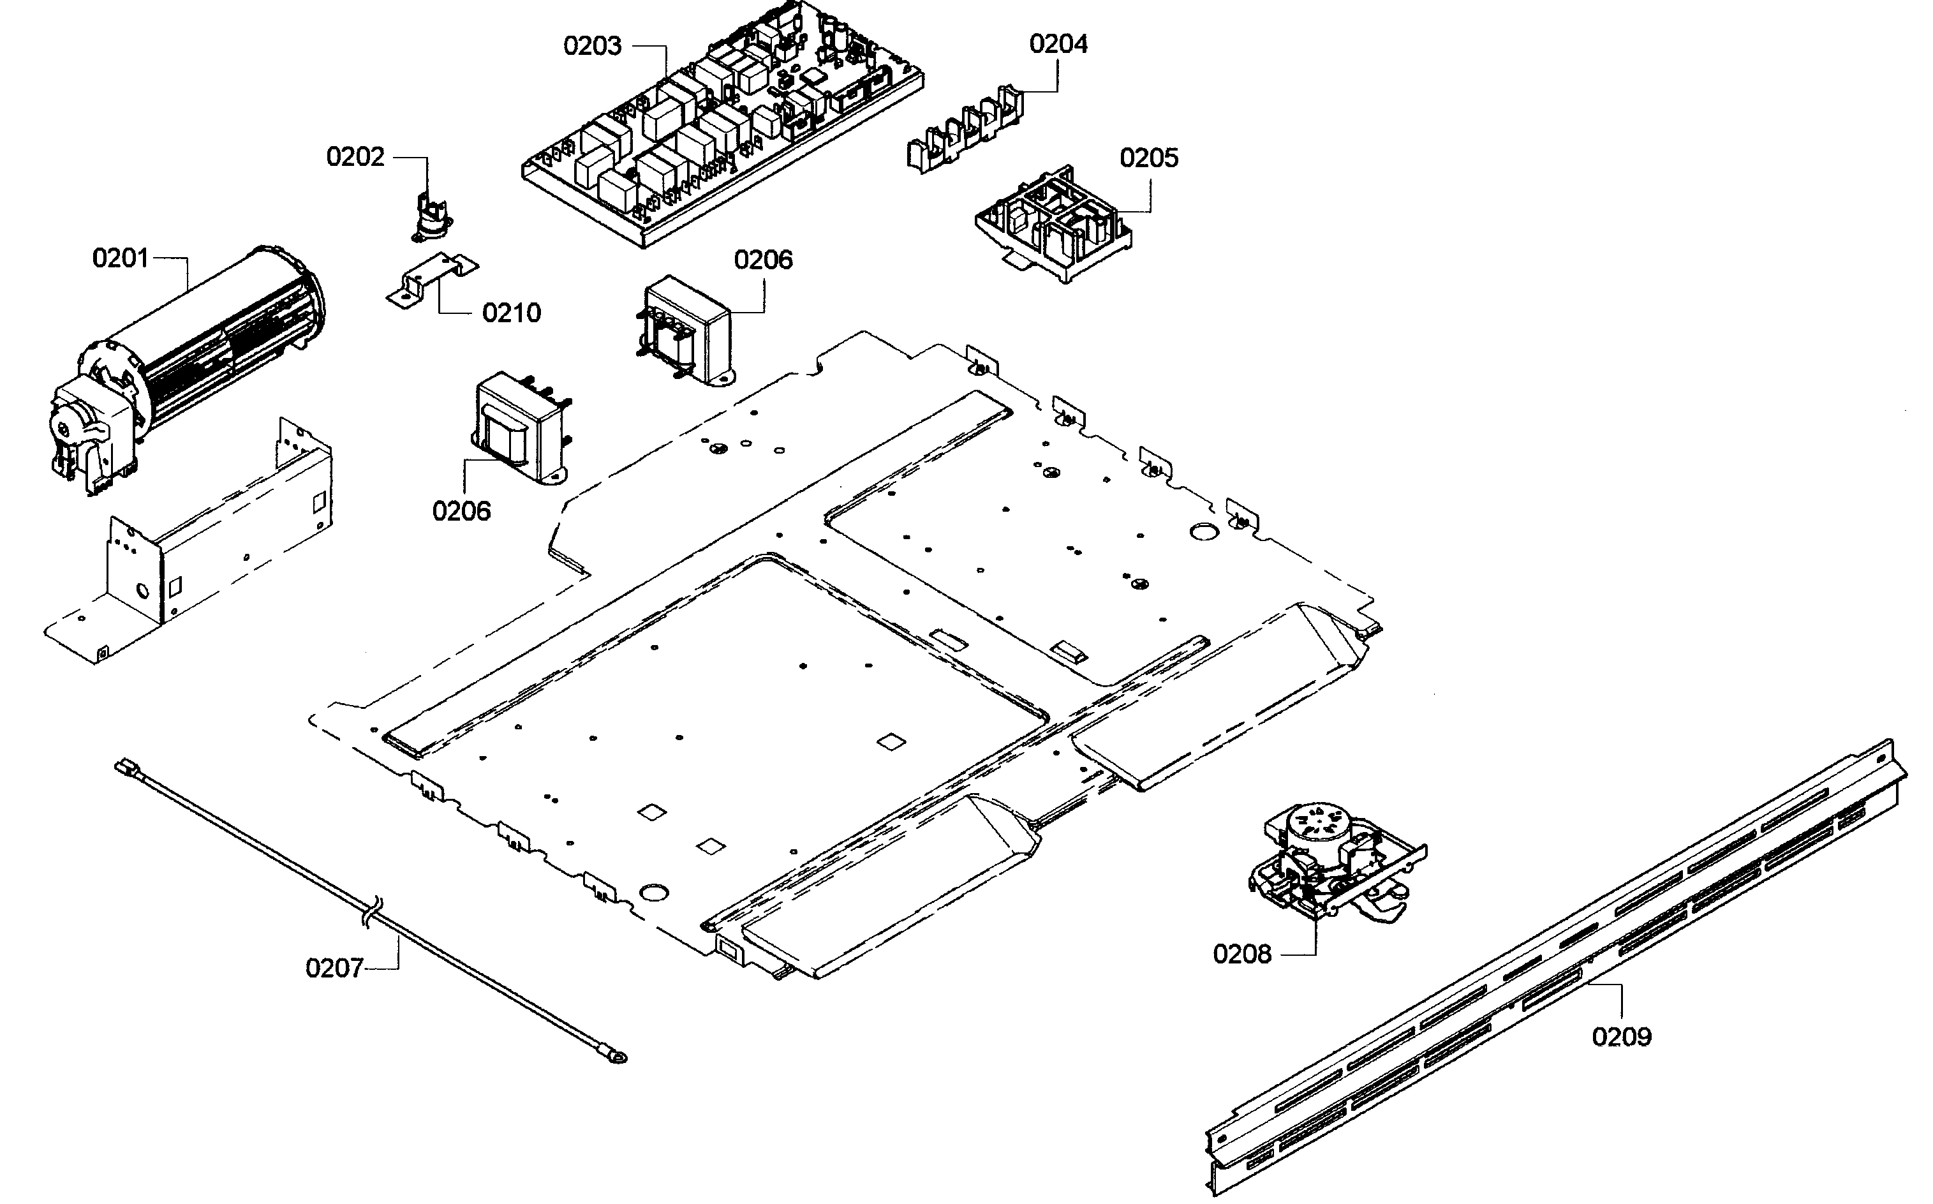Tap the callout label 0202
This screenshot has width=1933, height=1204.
pyautogui.click(x=355, y=157)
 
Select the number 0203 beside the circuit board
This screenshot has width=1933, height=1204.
pyautogui.click(x=591, y=46)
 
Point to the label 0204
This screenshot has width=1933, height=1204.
pyautogui.click(x=1058, y=44)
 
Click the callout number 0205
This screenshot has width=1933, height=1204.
pyautogui.click(x=1148, y=158)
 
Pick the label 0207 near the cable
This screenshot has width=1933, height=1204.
pyautogui.click(x=334, y=969)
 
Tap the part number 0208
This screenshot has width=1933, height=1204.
pyautogui.click(x=1241, y=953)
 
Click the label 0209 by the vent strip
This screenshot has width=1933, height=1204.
pyautogui.click(x=1622, y=1037)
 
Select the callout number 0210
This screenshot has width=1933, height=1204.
pyautogui.click(x=511, y=313)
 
